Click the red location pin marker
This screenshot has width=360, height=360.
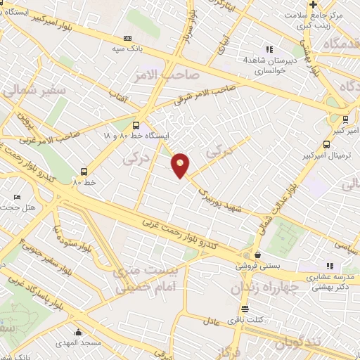click(x=180, y=165)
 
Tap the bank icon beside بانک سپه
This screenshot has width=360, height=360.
click(x=127, y=38)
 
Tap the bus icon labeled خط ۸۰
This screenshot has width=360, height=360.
click(x=84, y=171)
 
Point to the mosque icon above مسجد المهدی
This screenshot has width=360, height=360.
click(x=77, y=332)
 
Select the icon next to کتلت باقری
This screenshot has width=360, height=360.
click(x=244, y=309)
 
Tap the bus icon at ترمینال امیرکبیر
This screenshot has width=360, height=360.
click(x=345, y=118)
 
